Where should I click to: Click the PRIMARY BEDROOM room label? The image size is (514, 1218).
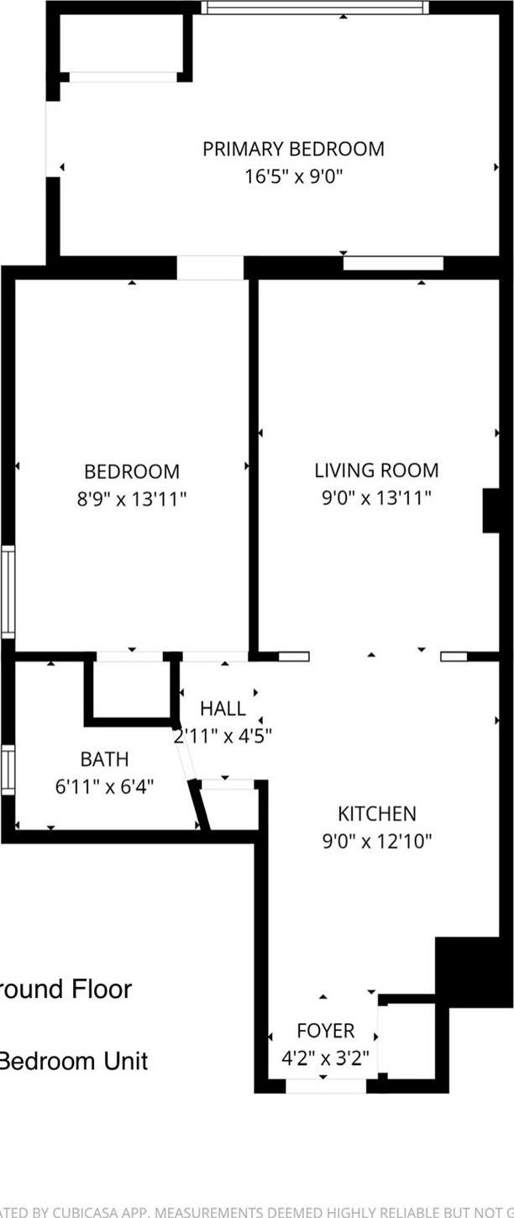pyautogui.click(x=293, y=150)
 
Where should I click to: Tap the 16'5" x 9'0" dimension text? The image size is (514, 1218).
pyautogui.click(x=293, y=176)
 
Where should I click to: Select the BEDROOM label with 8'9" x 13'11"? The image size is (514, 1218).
pyautogui.click(x=132, y=472)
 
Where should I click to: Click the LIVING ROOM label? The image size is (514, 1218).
pyautogui.click(x=376, y=470)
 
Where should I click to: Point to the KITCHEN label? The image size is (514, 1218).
pyautogui.click(x=377, y=813)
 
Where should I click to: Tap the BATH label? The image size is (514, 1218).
pyautogui.click(x=105, y=759)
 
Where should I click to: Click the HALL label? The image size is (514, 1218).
pyautogui.click(x=223, y=709)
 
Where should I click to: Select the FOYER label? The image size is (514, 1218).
pyautogui.click(x=326, y=1030)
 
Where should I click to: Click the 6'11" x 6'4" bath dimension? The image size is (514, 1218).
pyautogui.click(x=105, y=787)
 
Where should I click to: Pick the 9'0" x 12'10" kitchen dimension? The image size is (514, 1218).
pyautogui.click(x=377, y=840)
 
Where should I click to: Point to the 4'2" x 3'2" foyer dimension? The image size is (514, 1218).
pyautogui.click(x=326, y=1057)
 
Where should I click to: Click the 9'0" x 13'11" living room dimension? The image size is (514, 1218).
pyautogui.click(x=376, y=498)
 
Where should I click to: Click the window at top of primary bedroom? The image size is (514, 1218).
pyautogui.click(x=315, y=8)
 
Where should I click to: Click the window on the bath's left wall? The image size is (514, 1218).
pyautogui.click(x=8, y=769)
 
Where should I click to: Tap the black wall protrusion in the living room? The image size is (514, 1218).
pyautogui.click(x=491, y=510)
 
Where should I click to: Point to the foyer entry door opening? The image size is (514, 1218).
pyautogui.click(x=326, y=1087)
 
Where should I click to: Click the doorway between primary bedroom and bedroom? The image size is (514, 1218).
pyautogui.click(x=210, y=268)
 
